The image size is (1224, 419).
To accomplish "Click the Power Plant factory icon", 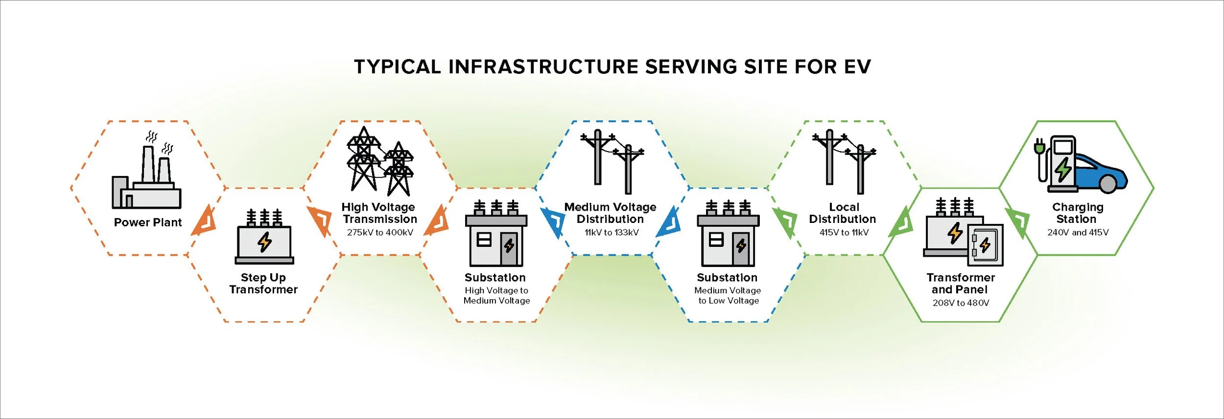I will click(x=146, y=176).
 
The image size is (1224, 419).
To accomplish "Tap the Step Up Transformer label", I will click(x=263, y=284).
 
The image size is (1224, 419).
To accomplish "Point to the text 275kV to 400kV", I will click(x=380, y=233).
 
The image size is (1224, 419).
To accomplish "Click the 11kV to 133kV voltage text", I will click(x=612, y=233).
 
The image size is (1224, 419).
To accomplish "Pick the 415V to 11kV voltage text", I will click(x=844, y=233).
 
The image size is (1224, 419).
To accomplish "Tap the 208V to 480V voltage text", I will click(x=961, y=303).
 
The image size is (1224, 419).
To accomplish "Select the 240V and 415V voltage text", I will click(x=1078, y=233).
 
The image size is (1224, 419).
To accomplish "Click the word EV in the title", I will click(x=857, y=67).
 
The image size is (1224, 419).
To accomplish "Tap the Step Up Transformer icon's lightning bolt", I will click(x=265, y=242).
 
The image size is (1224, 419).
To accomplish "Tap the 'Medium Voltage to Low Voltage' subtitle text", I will click(x=728, y=295).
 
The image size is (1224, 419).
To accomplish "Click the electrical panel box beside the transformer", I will click(x=985, y=244).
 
